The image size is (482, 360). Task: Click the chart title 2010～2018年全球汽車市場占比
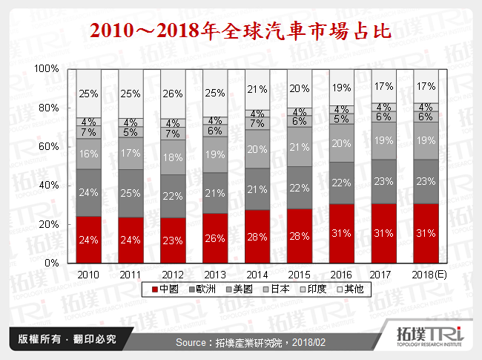pyautogui.click(x=240, y=31)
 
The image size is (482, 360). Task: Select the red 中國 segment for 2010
pyautogui.click(x=88, y=239)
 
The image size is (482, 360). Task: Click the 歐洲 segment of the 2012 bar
pyautogui.click(x=173, y=196)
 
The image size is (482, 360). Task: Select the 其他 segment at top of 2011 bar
pyautogui.click(x=131, y=93)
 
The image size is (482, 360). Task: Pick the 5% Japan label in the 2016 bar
pyautogui.click(x=341, y=119)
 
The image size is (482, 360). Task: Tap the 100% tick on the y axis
pyautogui.click(x=47, y=69)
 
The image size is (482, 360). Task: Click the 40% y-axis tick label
pyautogui.click(x=49, y=185)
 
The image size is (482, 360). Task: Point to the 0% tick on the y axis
pyautogui.click(x=52, y=263)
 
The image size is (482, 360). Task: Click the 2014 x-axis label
pyautogui.click(x=257, y=274)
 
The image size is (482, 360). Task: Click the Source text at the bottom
pyautogui.click(x=240, y=342)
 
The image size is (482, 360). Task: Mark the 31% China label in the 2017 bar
pyautogui.click(x=383, y=234)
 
